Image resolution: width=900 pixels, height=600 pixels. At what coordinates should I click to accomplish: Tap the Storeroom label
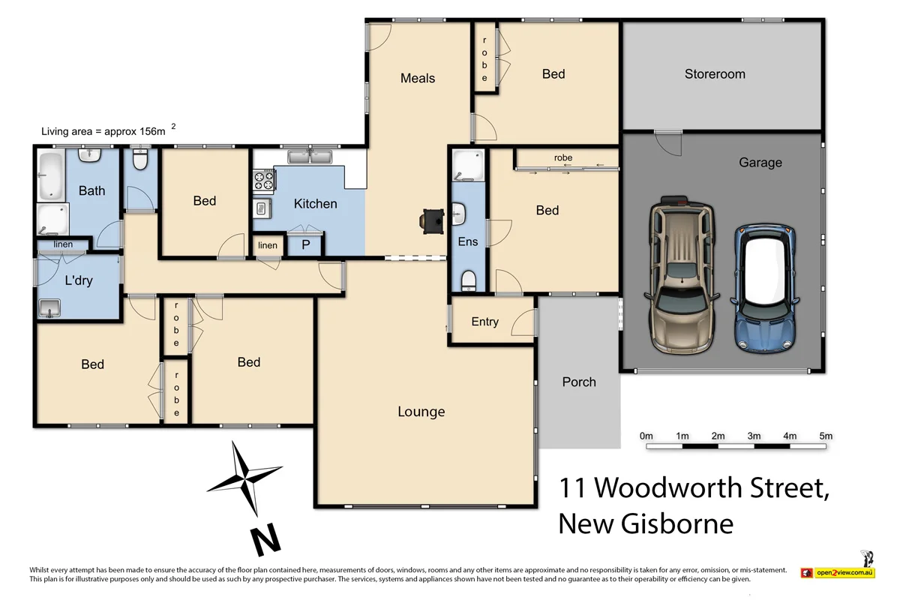tap(715, 74)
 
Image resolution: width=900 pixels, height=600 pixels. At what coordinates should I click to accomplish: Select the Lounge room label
tap(421, 412)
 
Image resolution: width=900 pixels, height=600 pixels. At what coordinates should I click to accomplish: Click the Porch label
tap(579, 382)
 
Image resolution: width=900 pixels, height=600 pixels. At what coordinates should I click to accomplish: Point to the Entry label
tap(484, 322)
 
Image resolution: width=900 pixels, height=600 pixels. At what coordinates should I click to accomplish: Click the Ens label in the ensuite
tap(468, 241)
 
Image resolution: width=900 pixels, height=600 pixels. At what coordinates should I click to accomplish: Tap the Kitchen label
tap(315, 203)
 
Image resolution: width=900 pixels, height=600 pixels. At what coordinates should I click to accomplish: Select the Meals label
tap(418, 78)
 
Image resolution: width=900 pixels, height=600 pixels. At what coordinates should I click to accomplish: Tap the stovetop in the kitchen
tap(263, 181)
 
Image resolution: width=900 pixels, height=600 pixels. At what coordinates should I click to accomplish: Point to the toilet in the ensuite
tap(469, 280)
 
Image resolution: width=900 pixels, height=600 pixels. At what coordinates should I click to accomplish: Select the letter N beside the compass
tap(264, 539)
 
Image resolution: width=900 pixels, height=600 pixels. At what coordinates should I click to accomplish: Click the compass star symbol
tap(244, 478)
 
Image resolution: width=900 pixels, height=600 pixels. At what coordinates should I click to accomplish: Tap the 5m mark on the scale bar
tap(826, 436)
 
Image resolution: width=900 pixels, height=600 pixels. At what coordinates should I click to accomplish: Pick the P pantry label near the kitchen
tap(306, 245)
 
